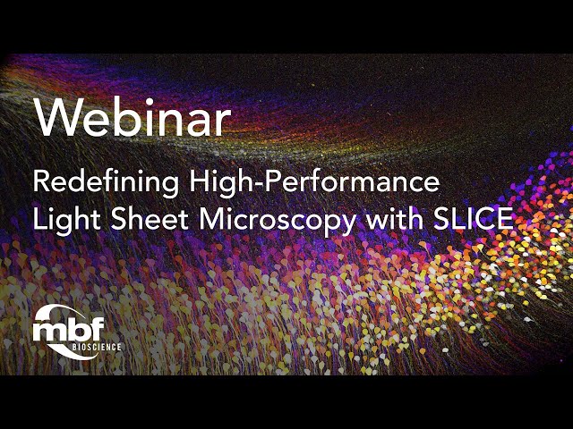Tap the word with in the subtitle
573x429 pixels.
[x=391, y=219]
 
